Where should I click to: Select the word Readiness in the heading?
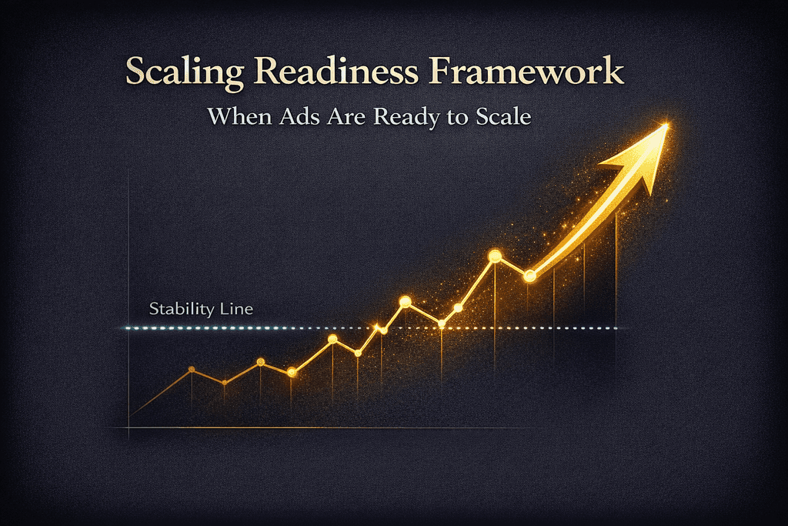[336, 71]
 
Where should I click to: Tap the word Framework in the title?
[526, 71]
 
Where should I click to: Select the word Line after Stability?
[236, 308]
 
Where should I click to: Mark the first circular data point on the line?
[192, 369]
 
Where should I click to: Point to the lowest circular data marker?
[225, 383]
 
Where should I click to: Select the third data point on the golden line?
[260, 362]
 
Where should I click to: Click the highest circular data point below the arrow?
[495, 256]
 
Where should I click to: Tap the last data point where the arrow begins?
[529, 276]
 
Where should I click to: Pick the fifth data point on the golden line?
[332, 339]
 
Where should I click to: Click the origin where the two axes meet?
[129, 428]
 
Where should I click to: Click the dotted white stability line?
[372, 328]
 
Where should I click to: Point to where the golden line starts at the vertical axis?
[129, 415]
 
